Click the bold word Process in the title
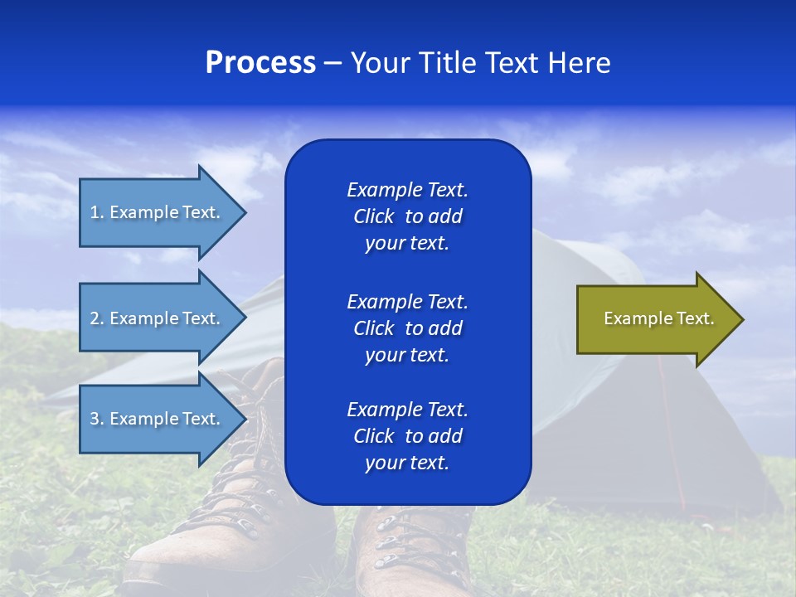(260, 63)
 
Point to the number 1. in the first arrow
(96, 212)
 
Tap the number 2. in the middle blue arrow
(96, 318)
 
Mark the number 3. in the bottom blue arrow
(96, 419)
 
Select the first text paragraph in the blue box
(407, 216)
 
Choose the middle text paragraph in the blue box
(407, 328)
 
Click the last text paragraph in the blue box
(407, 436)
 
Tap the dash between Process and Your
(332, 63)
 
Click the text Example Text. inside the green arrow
(658, 318)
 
